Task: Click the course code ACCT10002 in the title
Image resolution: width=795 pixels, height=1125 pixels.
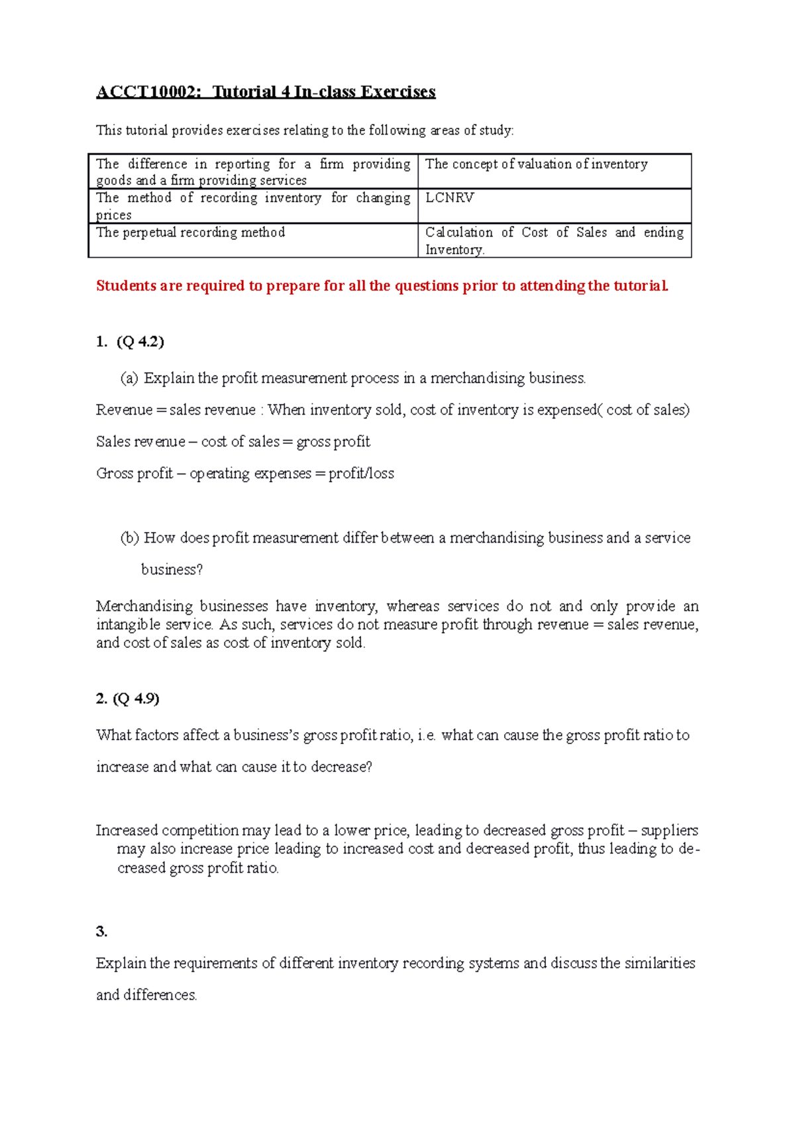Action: click(x=148, y=91)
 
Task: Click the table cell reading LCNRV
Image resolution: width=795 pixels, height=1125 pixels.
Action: click(x=449, y=198)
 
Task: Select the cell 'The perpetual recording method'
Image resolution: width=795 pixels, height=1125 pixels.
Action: click(x=190, y=233)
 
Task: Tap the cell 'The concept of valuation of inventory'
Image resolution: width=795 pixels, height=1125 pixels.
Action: click(x=536, y=164)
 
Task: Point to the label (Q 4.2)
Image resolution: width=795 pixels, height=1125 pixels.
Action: click(x=140, y=342)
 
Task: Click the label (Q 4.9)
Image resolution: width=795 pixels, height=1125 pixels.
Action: click(x=136, y=699)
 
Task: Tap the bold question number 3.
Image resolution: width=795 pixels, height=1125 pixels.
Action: click(x=101, y=932)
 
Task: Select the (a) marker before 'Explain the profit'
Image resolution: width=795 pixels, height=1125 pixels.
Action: click(x=129, y=378)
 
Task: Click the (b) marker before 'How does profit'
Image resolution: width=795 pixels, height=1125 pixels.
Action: click(x=129, y=538)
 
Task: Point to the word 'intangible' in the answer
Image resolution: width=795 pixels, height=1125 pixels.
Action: click(x=128, y=625)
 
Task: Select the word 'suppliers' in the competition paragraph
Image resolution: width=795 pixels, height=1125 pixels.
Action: click(x=670, y=831)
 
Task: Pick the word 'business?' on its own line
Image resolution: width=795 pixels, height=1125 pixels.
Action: click(x=172, y=570)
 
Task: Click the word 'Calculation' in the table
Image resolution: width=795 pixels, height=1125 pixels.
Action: click(x=458, y=233)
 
